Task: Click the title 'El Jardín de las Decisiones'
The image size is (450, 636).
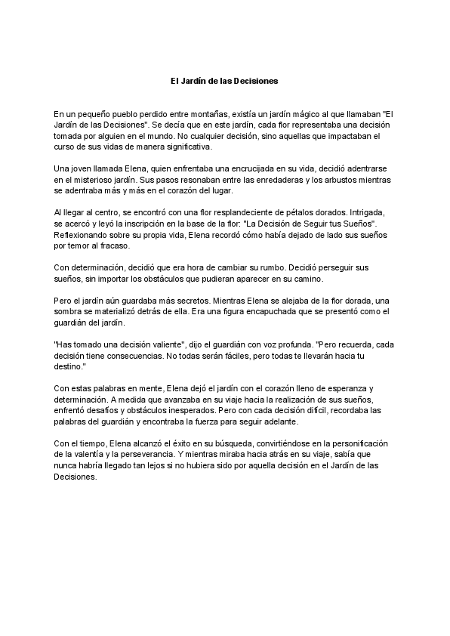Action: tap(224, 79)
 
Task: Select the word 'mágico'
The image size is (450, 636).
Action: tap(275, 112)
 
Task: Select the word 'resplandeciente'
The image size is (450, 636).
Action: tap(216, 212)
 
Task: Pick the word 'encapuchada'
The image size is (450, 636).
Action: tap(232, 313)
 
